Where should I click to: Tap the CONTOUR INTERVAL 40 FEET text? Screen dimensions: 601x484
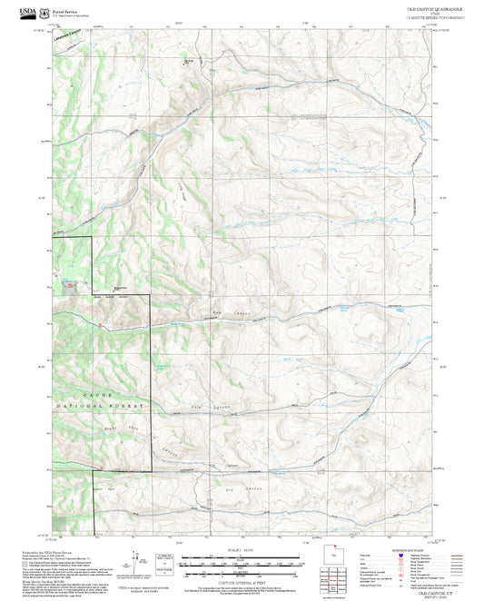click(x=243, y=571)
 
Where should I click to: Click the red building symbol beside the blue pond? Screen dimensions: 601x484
click(x=71, y=283)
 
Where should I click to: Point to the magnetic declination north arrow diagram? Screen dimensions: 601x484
click(x=134, y=561)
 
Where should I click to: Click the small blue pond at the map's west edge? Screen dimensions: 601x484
click(x=64, y=284)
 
